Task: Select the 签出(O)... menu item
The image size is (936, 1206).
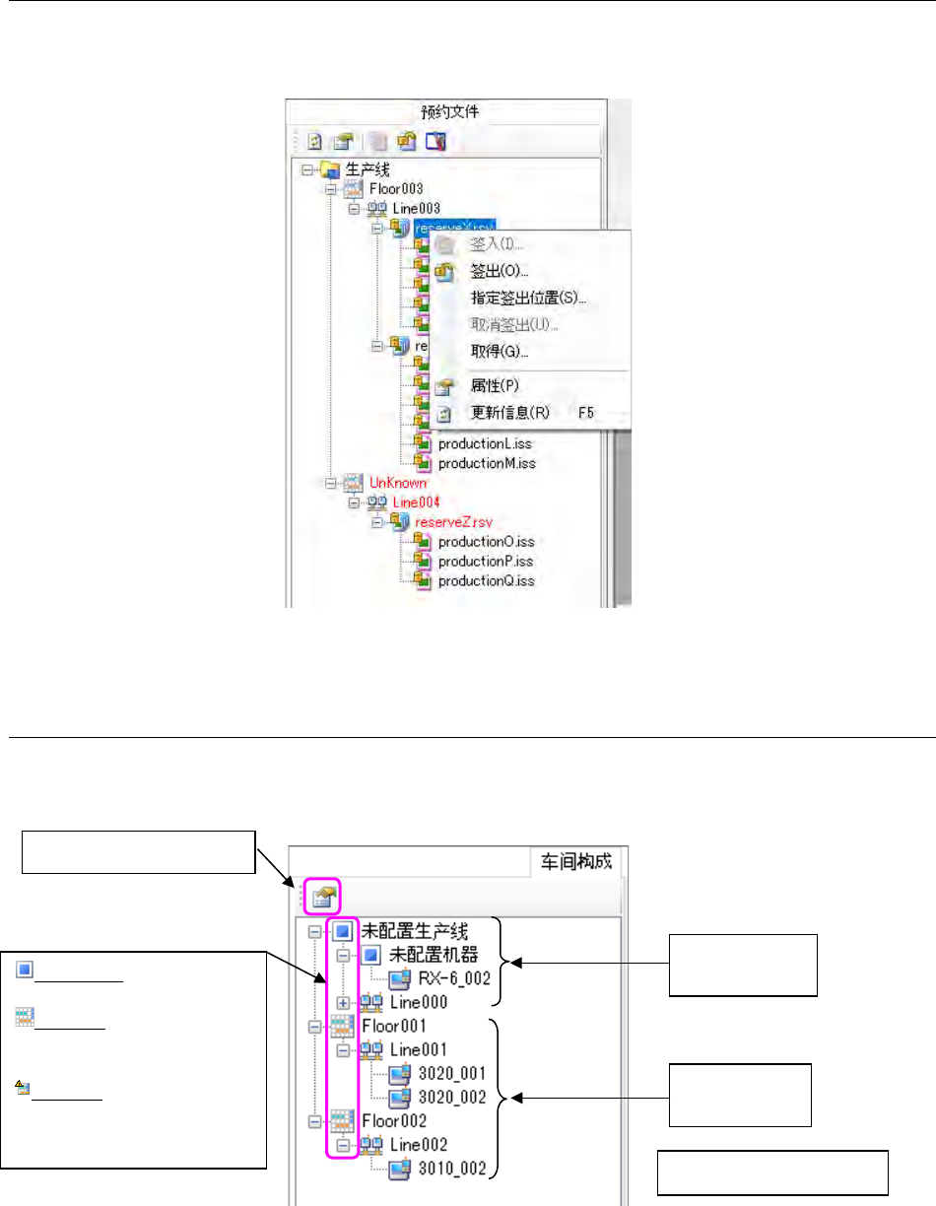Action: pos(500,270)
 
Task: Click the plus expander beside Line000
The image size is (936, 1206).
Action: pos(342,1002)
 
